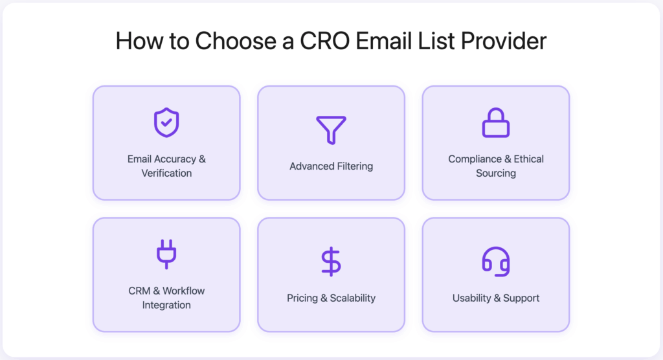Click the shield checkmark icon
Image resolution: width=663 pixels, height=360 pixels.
tap(166, 123)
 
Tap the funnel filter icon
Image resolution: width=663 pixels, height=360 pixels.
tap(331, 129)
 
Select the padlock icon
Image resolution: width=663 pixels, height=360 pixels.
tap(496, 122)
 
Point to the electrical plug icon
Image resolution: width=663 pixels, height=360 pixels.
tap(166, 254)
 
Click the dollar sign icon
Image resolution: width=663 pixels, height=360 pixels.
tap(331, 262)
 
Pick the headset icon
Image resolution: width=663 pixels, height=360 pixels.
tap(496, 261)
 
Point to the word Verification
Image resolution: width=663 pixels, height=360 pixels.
tap(166, 174)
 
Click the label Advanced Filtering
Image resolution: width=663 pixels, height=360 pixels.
tap(331, 166)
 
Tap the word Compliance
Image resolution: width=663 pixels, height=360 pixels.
tap(475, 159)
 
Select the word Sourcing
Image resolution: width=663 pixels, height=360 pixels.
tap(496, 174)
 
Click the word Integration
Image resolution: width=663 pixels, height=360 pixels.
tap(166, 305)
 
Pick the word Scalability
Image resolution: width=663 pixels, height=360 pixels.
tap(353, 298)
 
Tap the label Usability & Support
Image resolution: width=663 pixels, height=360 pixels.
tap(496, 298)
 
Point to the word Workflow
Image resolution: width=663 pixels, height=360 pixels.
tap(184, 291)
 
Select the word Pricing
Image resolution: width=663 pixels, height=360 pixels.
tap(302, 298)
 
